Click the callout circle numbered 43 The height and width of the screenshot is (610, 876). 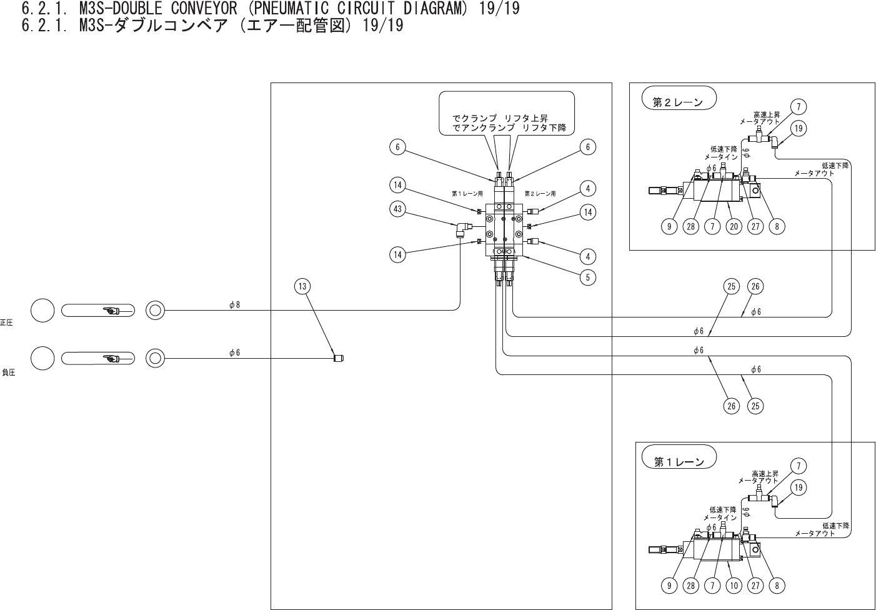click(398, 209)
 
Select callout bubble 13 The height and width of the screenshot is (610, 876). click(302, 287)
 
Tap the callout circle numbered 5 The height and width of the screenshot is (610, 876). click(587, 277)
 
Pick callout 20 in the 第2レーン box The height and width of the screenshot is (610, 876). click(734, 226)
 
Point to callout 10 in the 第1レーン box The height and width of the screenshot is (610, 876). click(734, 586)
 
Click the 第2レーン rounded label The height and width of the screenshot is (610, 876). click(678, 102)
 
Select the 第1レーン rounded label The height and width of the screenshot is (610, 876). click(679, 462)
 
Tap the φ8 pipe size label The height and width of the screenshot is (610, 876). click(234, 305)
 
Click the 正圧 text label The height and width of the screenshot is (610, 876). click(7, 322)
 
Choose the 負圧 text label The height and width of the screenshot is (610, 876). click(8, 372)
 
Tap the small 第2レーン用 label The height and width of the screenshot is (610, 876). click(540, 194)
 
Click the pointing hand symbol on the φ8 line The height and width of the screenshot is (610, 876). click(111, 310)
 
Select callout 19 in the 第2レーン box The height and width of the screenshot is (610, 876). click(798, 128)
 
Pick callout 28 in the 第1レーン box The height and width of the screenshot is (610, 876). click(690, 586)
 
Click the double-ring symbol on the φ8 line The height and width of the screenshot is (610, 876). click(155, 310)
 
